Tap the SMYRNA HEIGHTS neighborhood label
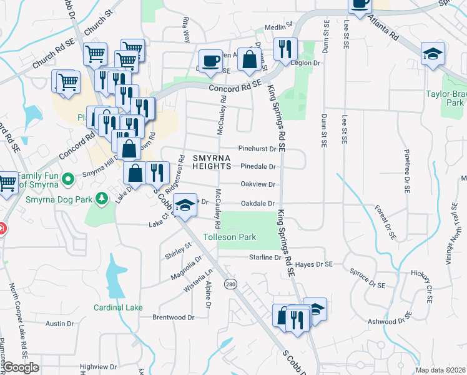[x=207, y=162]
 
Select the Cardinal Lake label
[x=118, y=307]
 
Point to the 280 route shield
[x=230, y=284]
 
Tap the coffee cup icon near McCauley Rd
[x=212, y=61]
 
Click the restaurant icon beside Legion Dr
[x=285, y=49]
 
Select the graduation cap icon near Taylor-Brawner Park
[x=432, y=54]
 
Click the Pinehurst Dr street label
[x=257, y=149]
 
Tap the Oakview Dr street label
[x=258, y=184]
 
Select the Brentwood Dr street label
[x=169, y=317]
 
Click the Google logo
[x=21, y=367]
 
